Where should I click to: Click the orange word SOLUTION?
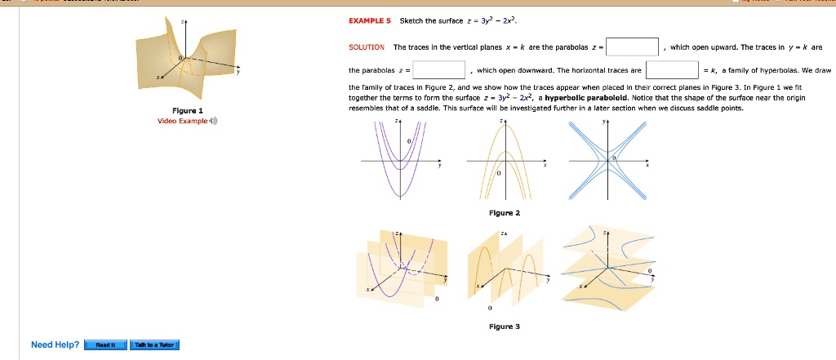pos(366,47)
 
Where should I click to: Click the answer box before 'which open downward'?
pos(439,70)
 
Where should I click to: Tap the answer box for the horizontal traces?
pos(672,70)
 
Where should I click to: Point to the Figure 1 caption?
pos(189,109)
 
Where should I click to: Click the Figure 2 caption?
pos(504,212)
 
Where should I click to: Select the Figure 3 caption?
pos(504,327)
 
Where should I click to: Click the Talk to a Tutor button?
pos(154,344)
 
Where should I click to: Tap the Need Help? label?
pos(55,344)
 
